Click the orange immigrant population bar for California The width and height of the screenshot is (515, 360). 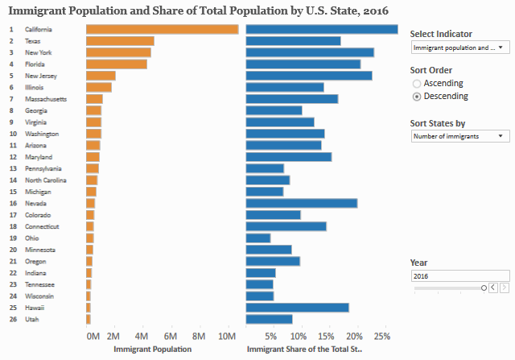click(x=162, y=29)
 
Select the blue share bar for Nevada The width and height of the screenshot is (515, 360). click(x=302, y=203)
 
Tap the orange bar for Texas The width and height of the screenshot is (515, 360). click(x=120, y=40)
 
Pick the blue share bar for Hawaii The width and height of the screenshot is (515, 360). click(x=298, y=308)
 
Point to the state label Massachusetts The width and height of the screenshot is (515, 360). click(x=46, y=98)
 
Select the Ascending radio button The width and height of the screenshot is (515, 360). click(x=417, y=83)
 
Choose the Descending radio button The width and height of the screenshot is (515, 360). click(x=417, y=96)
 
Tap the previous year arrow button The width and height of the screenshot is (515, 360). click(x=493, y=287)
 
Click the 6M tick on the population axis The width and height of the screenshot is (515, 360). click(x=170, y=336)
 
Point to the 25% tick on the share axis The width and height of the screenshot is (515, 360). click(x=383, y=336)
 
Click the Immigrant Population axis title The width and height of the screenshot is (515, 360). click(x=153, y=350)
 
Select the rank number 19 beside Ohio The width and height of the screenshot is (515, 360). click(x=12, y=238)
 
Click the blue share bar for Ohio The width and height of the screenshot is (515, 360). click(x=258, y=238)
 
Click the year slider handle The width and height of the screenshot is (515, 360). click(x=484, y=287)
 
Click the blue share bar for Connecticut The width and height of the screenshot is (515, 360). click(x=286, y=226)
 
